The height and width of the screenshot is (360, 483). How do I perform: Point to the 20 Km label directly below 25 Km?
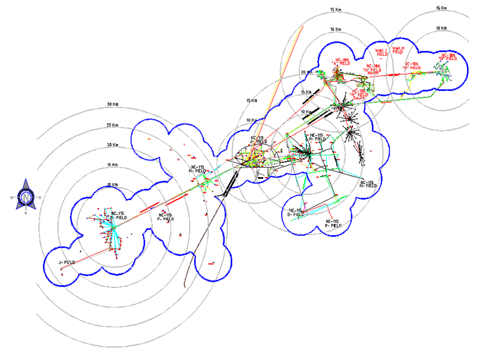point(112,145)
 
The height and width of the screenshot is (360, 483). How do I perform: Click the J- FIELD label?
point(65,262)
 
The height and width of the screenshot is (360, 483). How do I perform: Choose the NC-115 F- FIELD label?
point(165,217)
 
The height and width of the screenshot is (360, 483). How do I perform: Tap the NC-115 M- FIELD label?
point(198,169)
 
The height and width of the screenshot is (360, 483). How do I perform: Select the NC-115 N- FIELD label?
point(368,184)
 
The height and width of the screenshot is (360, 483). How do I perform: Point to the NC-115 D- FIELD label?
point(296,212)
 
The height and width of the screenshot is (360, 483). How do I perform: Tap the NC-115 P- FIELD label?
point(332,223)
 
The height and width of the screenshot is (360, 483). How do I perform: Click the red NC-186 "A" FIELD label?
point(342,62)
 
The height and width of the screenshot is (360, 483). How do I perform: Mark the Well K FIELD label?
point(398,50)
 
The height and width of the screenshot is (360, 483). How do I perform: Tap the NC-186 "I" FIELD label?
point(412,65)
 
